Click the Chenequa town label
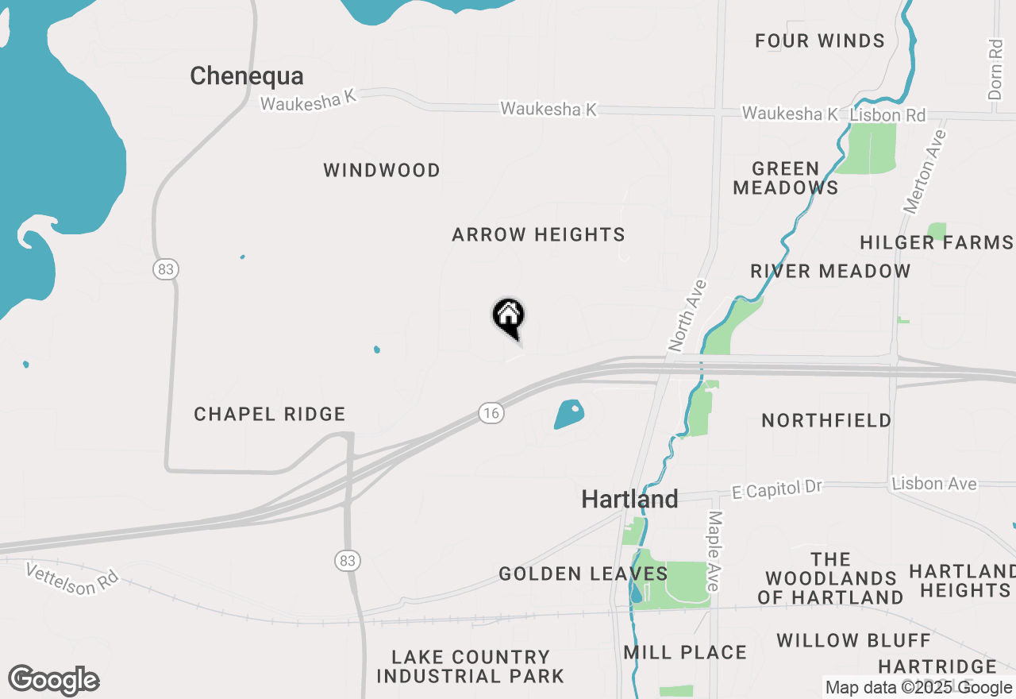[x=247, y=76]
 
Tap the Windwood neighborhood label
[x=382, y=170]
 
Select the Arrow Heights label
[x=538, y=234]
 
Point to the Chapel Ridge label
[x=270, y=414]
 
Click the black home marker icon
[x=509, y=316]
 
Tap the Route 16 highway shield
[x=491, y=412]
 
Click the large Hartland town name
[x=629, y=500]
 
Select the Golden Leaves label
[x=583, y=573]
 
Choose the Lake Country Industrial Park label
[x=471, y=666]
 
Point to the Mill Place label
[x=685, y=653]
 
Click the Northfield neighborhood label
[x=826, y=420]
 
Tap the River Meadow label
[x=830, y=271]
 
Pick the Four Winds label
[x=820, y=41]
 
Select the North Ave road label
[x=687, y=315]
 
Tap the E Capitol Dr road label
[x=777, y=489]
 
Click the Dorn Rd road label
[x=995, y=70]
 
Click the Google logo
[x=54, y=680]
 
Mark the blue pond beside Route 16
[x=569, y=414]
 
